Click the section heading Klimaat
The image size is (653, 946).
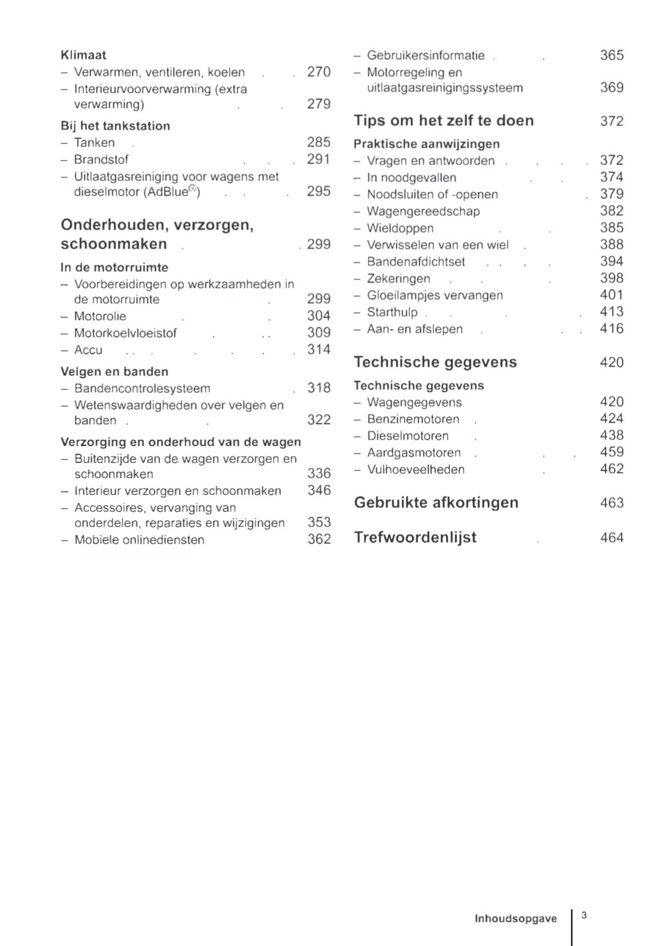(x=83, y=55)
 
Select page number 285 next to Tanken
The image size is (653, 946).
(x=318, y=142)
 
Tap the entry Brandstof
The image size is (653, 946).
(x=101, y=159)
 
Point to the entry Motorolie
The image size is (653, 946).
(x=100, y=316)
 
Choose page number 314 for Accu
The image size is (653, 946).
(x=318, y=349)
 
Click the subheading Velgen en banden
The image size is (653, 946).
(x=114, y=371)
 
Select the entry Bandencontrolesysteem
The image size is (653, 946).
(x=142, y=388)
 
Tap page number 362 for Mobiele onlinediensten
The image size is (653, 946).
(x=319, y=539)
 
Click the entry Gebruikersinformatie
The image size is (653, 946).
(x=425, y=55)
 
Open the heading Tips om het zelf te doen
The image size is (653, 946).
(x=444, y=121)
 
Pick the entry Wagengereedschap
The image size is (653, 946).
(x=423, y=211)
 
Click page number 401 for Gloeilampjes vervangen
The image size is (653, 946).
(x=611, y=295)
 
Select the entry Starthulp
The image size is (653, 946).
(x=392, y=312)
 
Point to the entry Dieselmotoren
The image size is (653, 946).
(x=408, y=436)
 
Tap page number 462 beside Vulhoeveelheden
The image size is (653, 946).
(x=611, y=469)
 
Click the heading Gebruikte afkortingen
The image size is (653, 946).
(x=436, y=503)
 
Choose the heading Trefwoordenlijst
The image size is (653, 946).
(x=415, y=538)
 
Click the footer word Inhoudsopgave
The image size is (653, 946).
(x=515, y=919)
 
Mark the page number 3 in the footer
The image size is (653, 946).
(x=584, y=915)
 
